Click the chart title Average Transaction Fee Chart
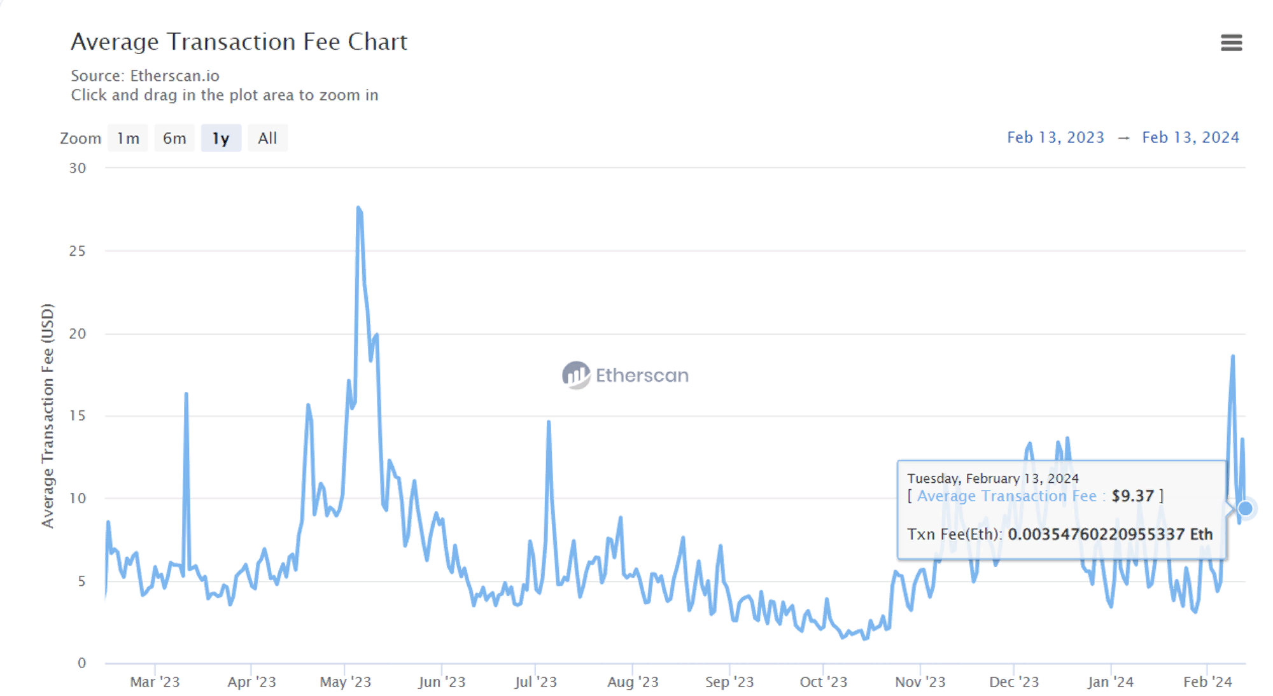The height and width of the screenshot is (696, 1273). click(239, 42)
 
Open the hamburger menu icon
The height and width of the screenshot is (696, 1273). click(1231, 43)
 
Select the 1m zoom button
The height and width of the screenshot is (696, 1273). click(128, 138)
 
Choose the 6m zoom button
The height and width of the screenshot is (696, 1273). click(174, 138)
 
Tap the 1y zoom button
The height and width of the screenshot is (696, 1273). click(221, 138)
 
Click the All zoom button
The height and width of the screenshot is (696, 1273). click(267, 138)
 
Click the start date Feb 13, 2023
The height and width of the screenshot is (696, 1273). click(1055, 137)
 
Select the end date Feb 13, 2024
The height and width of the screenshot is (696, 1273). click(1190, 137)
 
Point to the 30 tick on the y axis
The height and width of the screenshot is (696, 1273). click(78, 168)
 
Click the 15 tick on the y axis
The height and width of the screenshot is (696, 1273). click(78, 415)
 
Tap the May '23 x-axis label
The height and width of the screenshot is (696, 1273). click(345, 682)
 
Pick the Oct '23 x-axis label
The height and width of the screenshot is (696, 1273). click(823, 682)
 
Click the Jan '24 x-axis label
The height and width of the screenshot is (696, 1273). click(1110, 682)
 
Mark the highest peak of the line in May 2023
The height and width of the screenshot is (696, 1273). click(359, 208)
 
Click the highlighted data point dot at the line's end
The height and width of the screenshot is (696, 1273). click(1245, 508)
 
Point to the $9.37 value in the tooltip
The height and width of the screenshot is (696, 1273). click(1132, 496)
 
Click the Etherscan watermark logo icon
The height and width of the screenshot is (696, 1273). click(576, 375)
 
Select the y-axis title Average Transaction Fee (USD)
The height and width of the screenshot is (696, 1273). click(48, 415)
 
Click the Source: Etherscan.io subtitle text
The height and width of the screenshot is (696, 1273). click(145, 76)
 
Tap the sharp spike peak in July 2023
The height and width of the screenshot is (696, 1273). click(549, 422)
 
